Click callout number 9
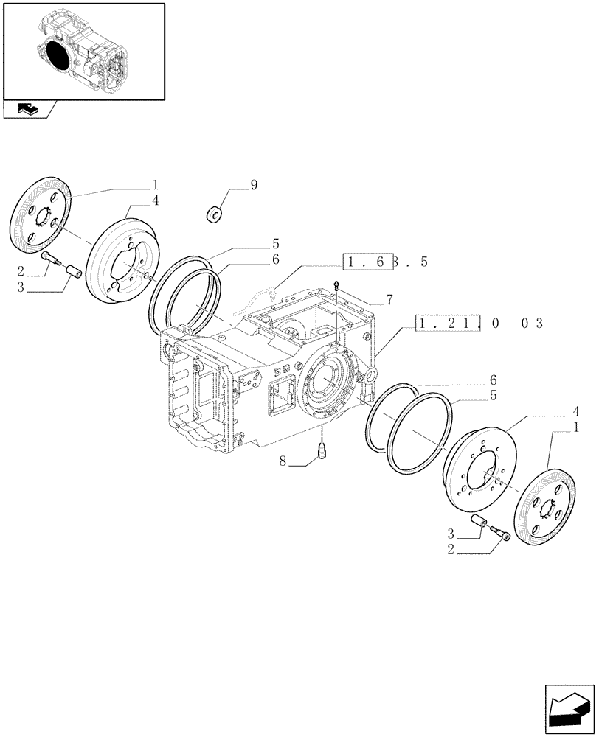tap(254, 186)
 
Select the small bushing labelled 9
tap(215, 215)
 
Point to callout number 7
tap(388, 300)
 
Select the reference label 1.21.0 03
tap(479, 324)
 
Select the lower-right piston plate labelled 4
tap(477, 468)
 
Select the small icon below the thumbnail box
tap(27, 110)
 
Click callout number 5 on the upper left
tap(254, 243)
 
